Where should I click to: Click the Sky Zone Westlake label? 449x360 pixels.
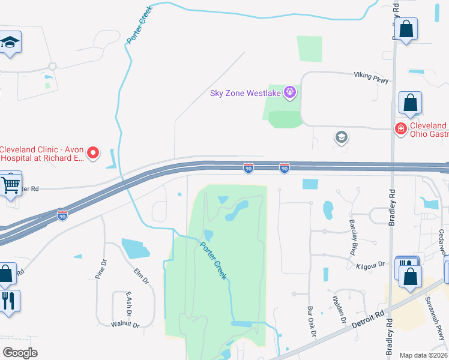click(246, 93)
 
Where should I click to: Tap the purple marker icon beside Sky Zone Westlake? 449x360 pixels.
click(290, 92)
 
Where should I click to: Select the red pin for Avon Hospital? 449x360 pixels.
click(93, 154)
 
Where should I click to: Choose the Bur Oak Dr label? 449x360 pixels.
click(311, 322)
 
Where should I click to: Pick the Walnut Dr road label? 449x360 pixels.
click(125, 325)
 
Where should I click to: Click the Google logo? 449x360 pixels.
click(20, 353)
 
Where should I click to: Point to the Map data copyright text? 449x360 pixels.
click(424, 355)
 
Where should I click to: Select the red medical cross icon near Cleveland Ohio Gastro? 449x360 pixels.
click(400, 128)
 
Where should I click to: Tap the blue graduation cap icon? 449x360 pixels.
click(10, 43)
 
